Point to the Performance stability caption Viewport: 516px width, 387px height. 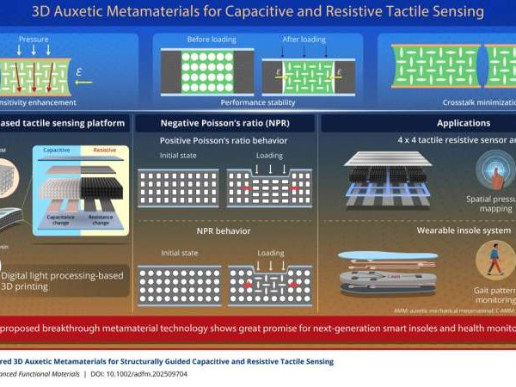pyautogui.click(x=258, y=101)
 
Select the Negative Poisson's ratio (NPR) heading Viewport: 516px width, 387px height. pyautogui.click(x=227, y=124)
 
